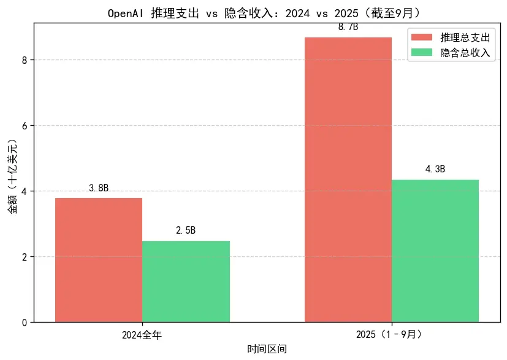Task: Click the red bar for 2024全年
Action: click(x=99, y=260)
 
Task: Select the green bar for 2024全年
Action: click(x=186, y=281)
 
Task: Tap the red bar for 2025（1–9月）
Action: click(x=348, y=180)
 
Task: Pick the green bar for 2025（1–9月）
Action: click(x=435, y=251)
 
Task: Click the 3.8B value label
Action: click(x=99, y=188)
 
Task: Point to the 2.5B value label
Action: click(x=186, y=231)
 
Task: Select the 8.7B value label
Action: click(x=348, y=28)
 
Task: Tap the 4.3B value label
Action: click(x=435, y=169)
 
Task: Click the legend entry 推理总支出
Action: click(x=465, y=38)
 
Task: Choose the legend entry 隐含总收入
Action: click(x=465, y=53)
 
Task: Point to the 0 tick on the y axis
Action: click(x=24, y=322)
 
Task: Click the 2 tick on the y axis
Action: click(x=24, y=256)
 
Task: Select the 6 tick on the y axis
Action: click(x=24, y=125)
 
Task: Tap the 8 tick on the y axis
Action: click(x=24, y=60)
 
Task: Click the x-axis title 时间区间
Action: click(x=267, y=350)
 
